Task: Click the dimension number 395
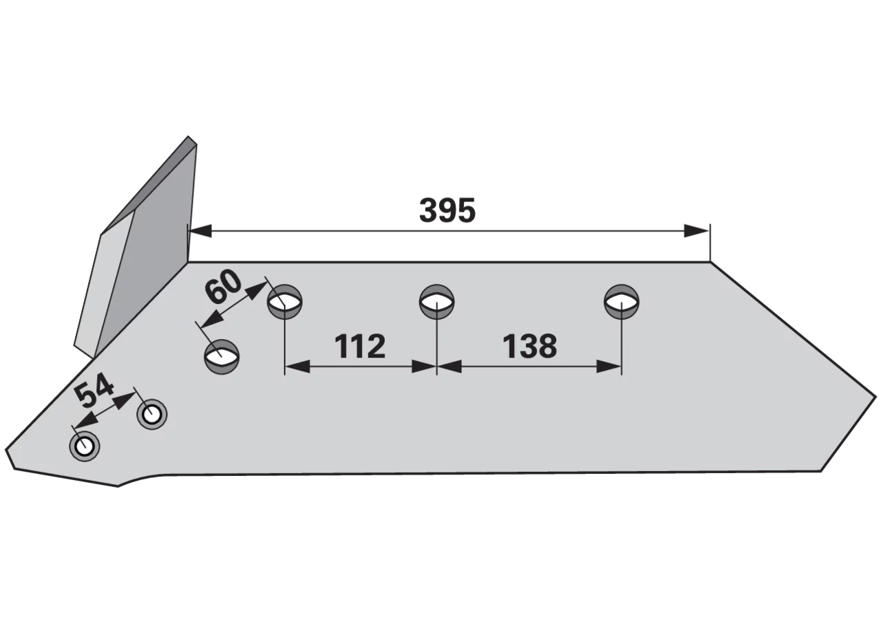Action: (x=447, y=210)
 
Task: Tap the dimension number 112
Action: (x=359, y=346)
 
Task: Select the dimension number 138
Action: (x=529, y=346)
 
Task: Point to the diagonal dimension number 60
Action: (x=222, y=287)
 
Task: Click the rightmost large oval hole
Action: (x=622, y=302)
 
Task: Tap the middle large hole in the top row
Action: (x=436, y=302)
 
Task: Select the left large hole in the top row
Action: (x=285, y=302)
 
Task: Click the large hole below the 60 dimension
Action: (x=222, y=357)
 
